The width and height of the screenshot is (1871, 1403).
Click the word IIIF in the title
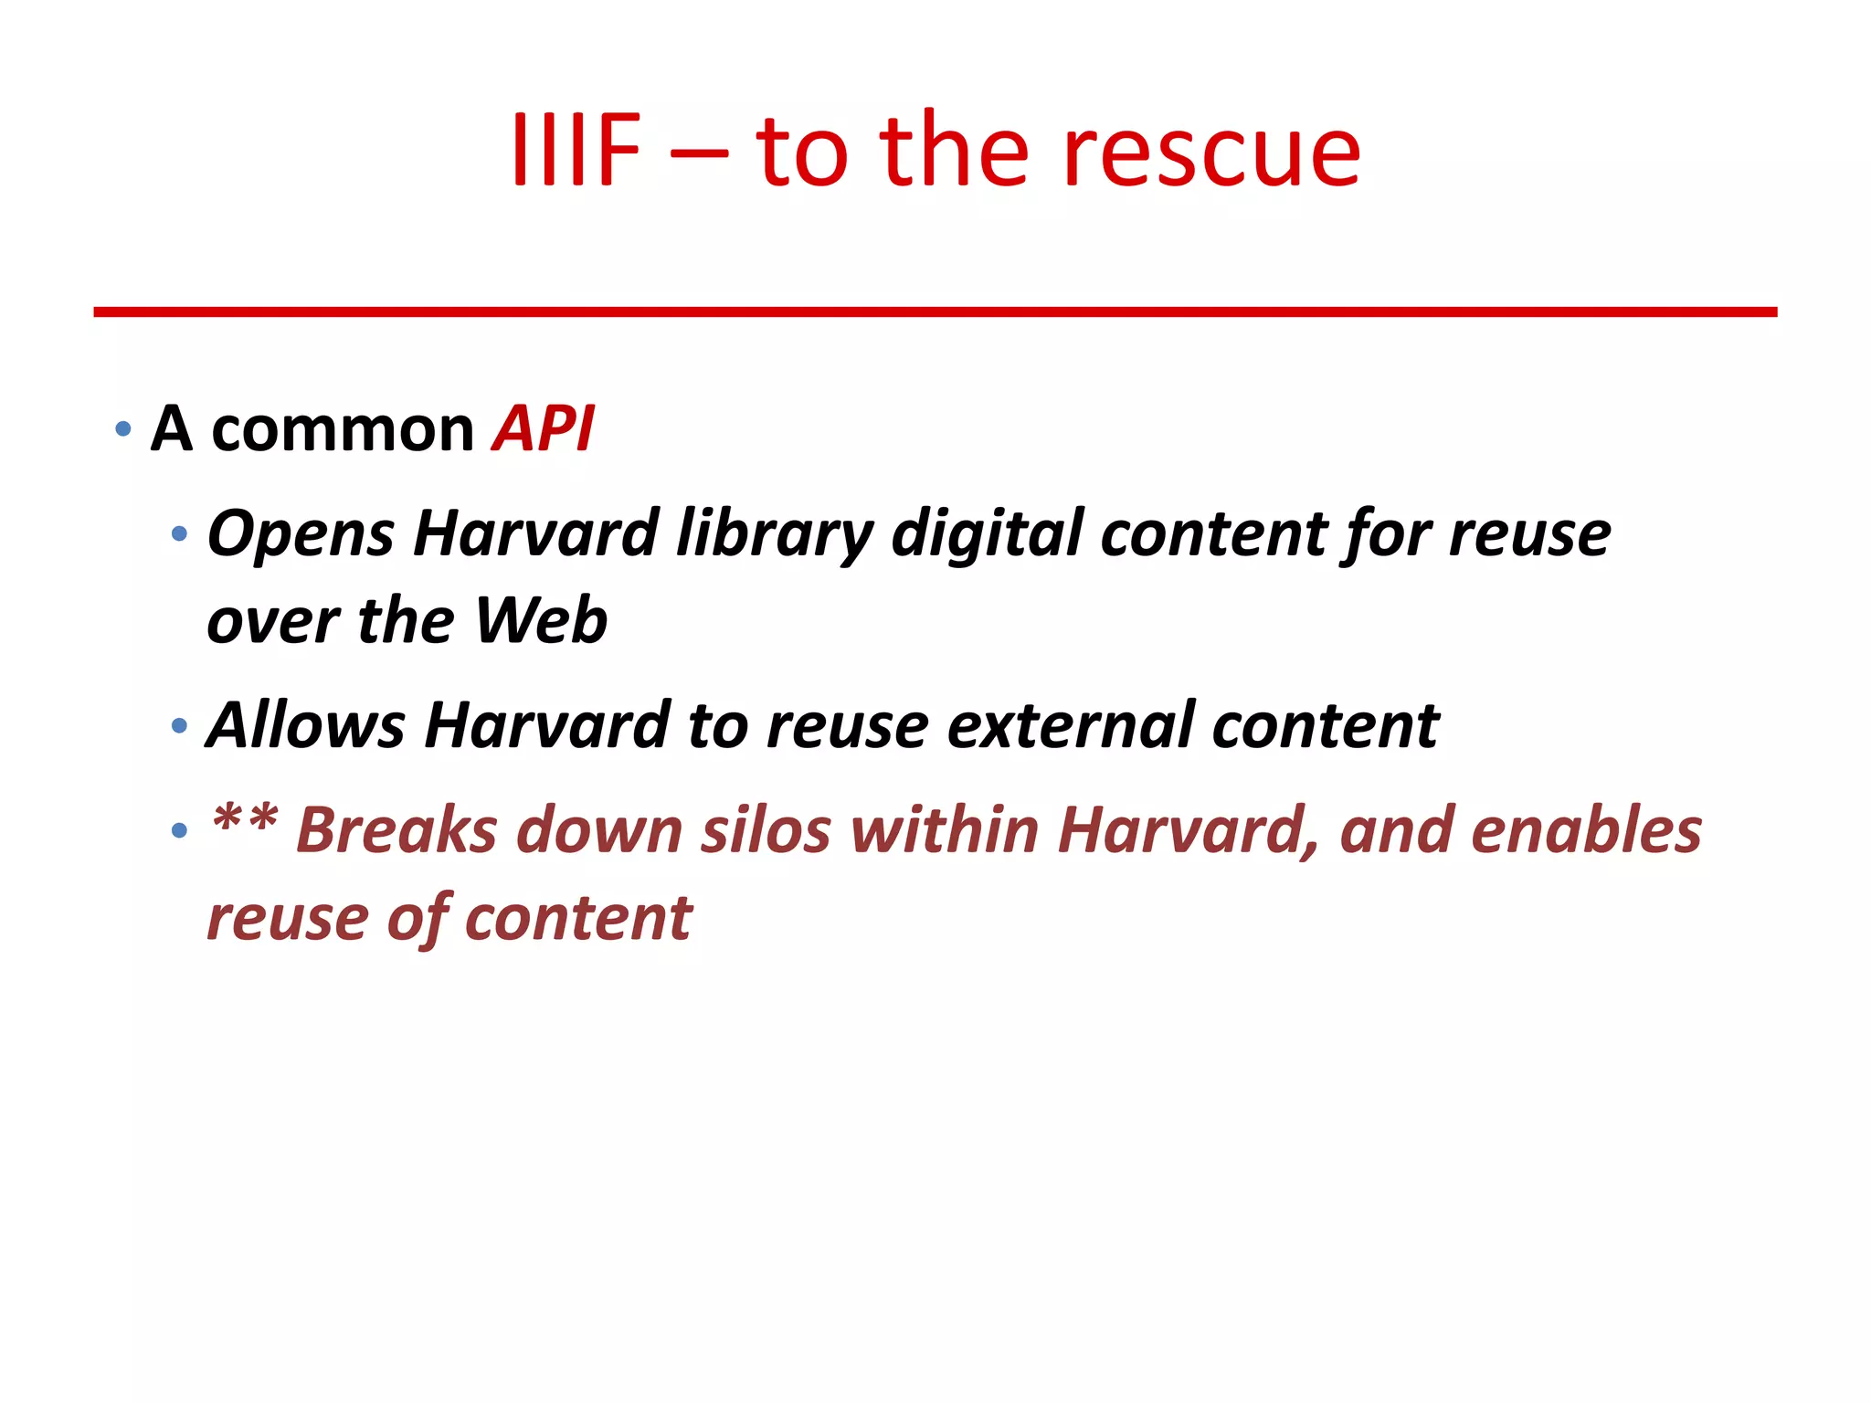576,151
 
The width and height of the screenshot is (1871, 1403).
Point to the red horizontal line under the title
935,312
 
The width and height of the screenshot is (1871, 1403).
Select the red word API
543,428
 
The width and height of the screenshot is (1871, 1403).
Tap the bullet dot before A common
124,429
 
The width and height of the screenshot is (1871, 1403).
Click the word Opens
301,535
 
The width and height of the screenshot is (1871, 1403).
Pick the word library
775,535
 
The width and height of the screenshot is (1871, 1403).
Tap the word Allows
306,726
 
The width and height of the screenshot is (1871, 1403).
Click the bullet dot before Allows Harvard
180,727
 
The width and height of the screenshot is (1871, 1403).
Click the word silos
766,831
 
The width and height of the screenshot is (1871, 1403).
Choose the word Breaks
396,831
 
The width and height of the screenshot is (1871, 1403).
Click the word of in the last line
418,919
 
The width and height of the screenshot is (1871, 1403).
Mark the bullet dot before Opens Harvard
180,533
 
